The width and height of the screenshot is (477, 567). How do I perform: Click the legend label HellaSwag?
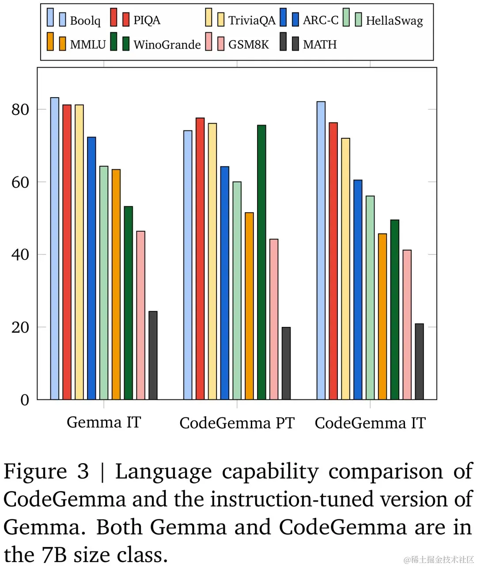coord(394,20)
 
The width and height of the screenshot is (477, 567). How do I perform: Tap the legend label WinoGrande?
coord(167,45)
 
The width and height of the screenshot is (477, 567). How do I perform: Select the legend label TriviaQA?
coord(252,20)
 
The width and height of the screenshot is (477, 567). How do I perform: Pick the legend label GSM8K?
coord(248,45)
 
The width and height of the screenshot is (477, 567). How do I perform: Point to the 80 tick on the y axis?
coord(20,110)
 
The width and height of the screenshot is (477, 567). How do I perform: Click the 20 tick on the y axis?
coord(20,327)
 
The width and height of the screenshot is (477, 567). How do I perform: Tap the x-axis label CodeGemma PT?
coord(237,423)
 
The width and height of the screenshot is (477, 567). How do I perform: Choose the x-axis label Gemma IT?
coord(104,422)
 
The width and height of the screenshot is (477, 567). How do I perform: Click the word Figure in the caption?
coord(35,472)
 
